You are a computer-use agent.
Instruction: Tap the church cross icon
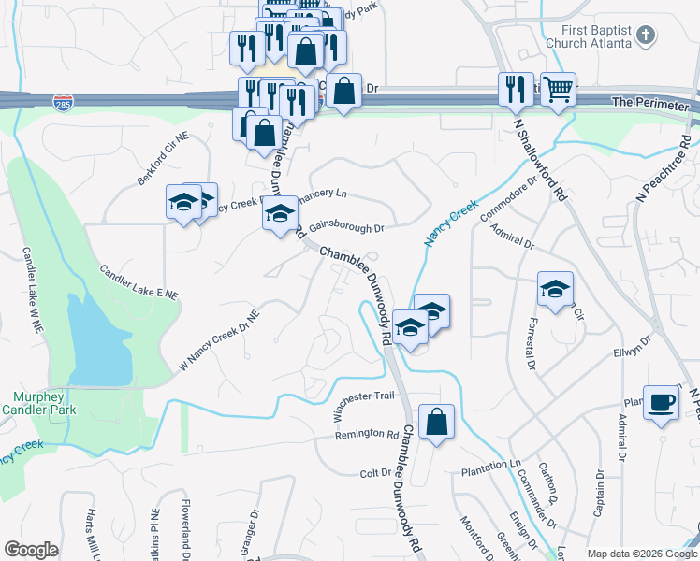tap(644, 36)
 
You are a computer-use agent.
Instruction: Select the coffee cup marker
tap(662, 401)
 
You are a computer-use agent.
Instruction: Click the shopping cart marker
tap(558, 90)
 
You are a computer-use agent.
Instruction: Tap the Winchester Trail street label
tap(367, 396)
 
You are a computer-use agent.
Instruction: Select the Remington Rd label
tap(366, 434)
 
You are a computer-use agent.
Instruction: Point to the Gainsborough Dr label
tap(346, 227)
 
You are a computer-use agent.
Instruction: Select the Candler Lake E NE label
tap(139, 281)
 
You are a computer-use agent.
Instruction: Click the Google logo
tap(31, 550)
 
